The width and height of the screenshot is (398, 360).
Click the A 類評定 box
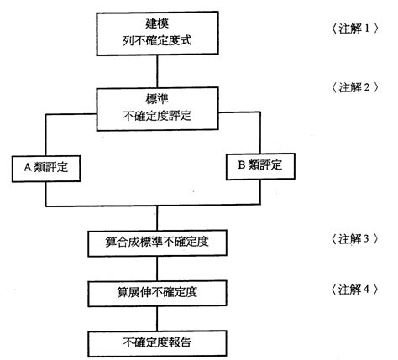46,167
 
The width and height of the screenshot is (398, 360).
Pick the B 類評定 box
260,167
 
